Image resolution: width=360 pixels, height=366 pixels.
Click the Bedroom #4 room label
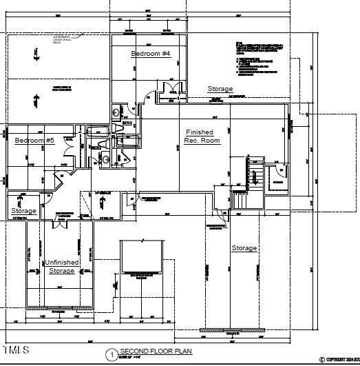click(x=151, y=53)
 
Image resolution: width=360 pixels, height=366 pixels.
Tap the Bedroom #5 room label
click(x=34, y=141)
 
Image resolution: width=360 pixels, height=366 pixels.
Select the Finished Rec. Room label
click(x=200, y=136)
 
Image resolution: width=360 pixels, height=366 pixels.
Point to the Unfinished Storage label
click(x=62, y=267)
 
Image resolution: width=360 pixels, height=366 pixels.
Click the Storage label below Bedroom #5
click(x=23, y=211)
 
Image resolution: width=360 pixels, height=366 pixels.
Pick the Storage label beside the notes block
click(x=220, y=89)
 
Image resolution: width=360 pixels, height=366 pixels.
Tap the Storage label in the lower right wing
click(x=244, y=248)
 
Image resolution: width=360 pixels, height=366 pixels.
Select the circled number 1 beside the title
click(x=110, y=354)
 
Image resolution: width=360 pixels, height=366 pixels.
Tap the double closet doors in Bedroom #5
click(x=69, y=144)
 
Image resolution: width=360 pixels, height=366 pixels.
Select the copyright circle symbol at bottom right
click(x=322, y=359)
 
